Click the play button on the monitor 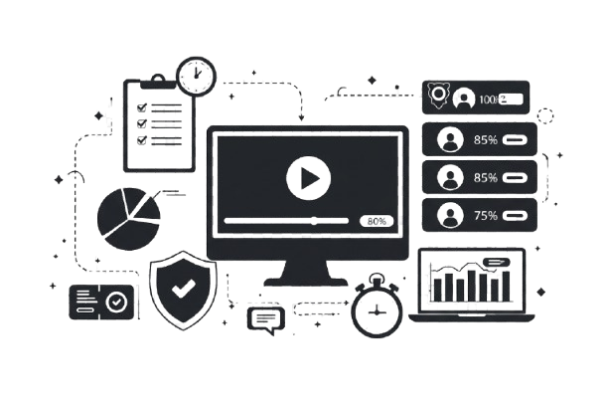click(307, 178)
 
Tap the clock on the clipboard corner click(195, 72)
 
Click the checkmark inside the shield click(183, 290)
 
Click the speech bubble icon click(264, 318)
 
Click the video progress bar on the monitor click(288, 219)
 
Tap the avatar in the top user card click(463, 99)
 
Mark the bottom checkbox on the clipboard click(141, 140)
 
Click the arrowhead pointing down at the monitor click(301, 118)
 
